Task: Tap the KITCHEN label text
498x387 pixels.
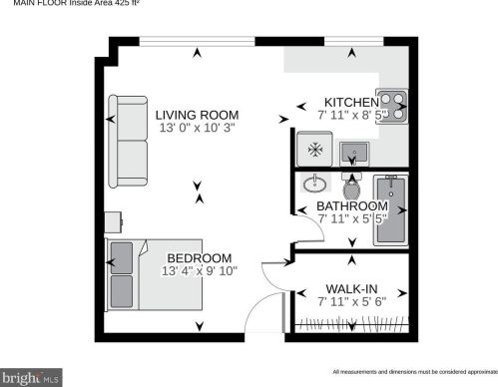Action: [x=350, y=102]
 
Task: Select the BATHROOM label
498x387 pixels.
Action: [x=352, y=205]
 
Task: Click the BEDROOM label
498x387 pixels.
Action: [x=200, y=256]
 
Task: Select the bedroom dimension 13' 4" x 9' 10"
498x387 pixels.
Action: [x=200, y=270]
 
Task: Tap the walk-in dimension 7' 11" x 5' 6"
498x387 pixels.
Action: [x=352, y=300]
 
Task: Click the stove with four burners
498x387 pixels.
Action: [x=395, y=106]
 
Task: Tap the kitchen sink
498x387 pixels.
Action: [x=353, y=152]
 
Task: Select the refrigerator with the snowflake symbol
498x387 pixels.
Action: [x=313, y=150]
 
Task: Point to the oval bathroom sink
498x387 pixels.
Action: [x=315, y=185]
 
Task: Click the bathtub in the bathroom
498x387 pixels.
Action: [x=390, y=210]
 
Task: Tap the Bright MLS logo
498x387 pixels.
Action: [x=32, y=378]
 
